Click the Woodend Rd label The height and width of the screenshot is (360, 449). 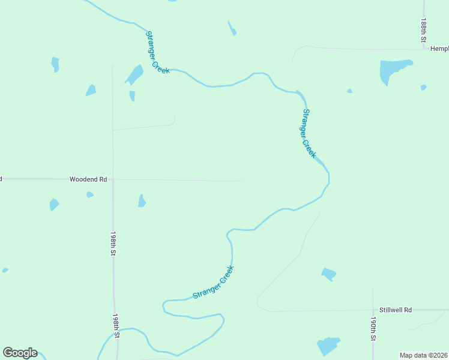click(x=88, y=179)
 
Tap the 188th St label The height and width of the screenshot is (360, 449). click(x=423, y=29)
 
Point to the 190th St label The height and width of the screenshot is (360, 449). click(x=373, y=329)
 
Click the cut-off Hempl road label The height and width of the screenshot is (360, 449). click(x=439, y=48)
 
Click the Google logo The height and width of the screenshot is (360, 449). click(x=20, y=353)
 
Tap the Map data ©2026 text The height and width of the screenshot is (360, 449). click(x=423, y=355)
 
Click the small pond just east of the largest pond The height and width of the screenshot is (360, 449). click(x=424, y=87)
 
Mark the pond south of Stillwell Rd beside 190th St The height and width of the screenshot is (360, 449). click(x=328, y=346)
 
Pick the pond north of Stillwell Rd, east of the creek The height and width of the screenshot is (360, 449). click(x=328, y=274)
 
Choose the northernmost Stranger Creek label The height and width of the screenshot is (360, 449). click(x=157, y=52)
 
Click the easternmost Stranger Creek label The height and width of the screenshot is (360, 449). click(x=309, y=133)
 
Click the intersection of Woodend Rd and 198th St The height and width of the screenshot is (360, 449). click(x=113, y=179)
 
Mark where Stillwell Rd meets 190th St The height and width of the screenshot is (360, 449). click(x=373, y=310)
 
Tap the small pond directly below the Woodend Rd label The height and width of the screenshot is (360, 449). click(x=89, y=194)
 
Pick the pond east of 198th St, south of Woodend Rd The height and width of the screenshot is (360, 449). click(x=142, y=201)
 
